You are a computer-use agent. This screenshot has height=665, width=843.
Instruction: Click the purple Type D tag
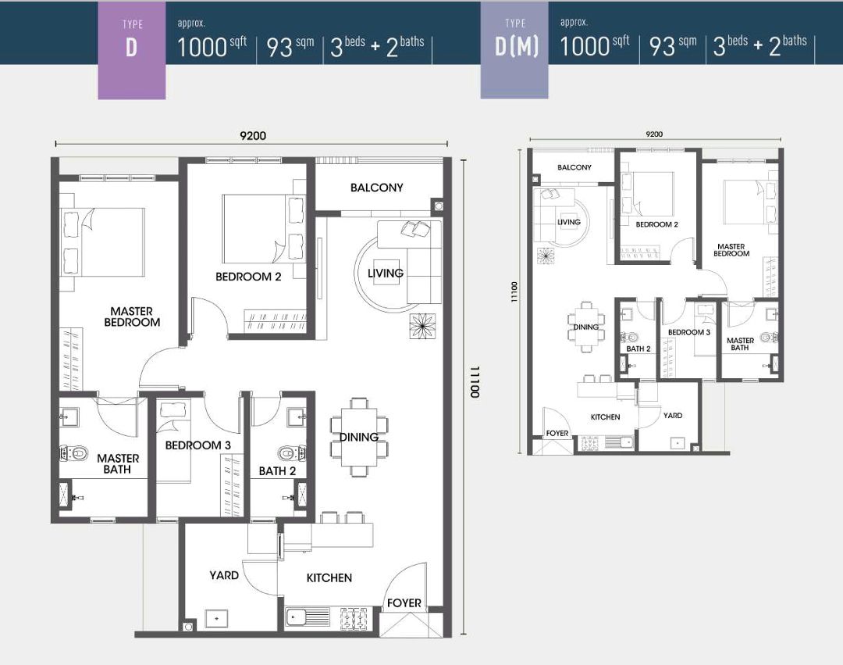(x=132, y=50)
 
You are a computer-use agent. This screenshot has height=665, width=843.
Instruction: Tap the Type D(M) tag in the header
(x=514, y=49)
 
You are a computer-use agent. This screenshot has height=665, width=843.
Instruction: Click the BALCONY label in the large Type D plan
(x=376, y=188)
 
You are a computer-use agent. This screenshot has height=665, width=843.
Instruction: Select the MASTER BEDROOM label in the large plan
(x=132, y=317)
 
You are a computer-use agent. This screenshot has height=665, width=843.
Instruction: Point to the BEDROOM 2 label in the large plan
(x=248, y=277)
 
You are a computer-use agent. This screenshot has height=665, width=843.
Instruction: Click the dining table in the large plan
(x=359, y=437)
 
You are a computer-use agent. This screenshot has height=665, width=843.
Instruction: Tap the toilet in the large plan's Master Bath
(x=73, y=453)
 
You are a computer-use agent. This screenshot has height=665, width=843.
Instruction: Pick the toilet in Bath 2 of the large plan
(x=293, y=453)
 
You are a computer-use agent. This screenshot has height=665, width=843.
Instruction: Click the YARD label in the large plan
(x=224, y=575)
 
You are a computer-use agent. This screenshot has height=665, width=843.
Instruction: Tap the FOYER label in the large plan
(x=404, y=603)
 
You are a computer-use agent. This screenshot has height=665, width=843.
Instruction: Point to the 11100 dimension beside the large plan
(x=475, y=381)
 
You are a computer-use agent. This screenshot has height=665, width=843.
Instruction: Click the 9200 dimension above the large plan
(x=253, y=136)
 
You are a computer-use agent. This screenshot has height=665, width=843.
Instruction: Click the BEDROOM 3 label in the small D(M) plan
(x=688, y=333)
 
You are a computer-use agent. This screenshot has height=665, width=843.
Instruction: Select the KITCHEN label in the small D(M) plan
(x=606, y=417)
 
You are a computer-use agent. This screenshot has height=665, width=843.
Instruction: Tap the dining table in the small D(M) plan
(x=585, y=327)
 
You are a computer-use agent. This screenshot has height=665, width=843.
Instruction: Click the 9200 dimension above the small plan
(x=654, y=134)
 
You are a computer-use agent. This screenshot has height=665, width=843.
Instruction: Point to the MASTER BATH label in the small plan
(x=740, y=345)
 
